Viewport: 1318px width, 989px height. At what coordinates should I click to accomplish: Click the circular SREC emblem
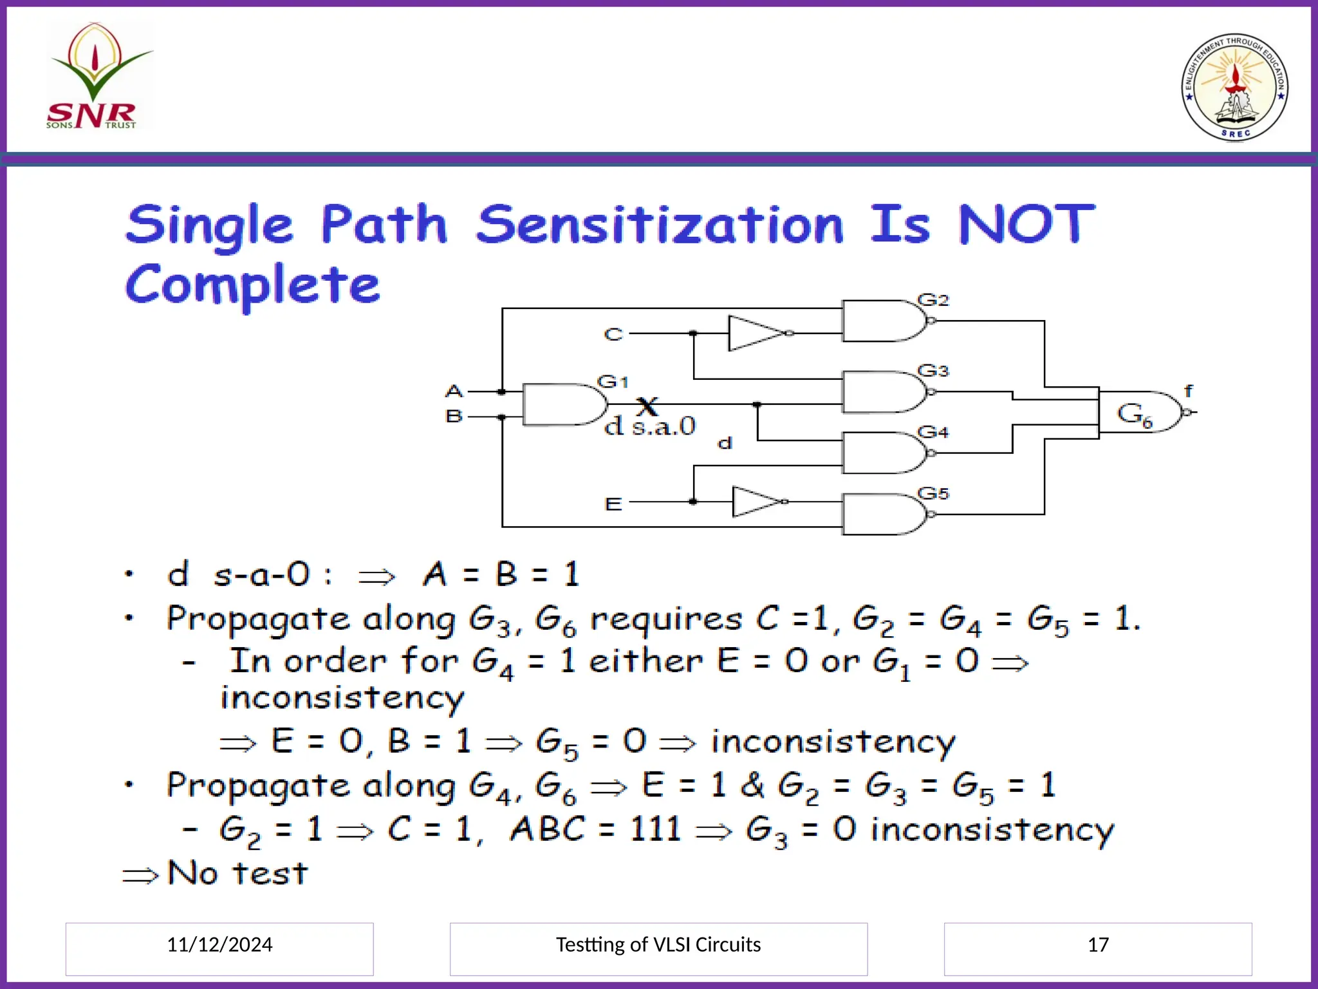(1234, 87)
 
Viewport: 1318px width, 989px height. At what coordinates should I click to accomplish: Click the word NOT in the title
(1026, 224)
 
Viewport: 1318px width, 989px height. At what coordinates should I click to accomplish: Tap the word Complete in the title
(252, 285)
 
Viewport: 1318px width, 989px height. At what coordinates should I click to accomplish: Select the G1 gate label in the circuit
(612, 382)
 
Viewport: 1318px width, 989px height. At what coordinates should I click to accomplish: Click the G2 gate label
(933, 300)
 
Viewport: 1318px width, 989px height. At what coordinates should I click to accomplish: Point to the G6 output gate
(1139, 412)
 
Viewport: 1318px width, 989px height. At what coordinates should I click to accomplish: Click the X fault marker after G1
(647, 406)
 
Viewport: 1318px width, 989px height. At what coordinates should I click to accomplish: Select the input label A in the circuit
(454, 391)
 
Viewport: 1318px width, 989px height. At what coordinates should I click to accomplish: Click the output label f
(1188, 390)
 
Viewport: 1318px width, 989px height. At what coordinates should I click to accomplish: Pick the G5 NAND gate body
(882, 514)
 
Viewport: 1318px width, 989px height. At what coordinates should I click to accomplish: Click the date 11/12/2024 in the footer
(219, 945)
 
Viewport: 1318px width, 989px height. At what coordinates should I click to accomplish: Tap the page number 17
(1098, 945)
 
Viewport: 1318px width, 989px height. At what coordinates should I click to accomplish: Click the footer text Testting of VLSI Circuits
(658, 945)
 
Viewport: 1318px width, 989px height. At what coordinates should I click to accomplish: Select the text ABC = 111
(595, 829)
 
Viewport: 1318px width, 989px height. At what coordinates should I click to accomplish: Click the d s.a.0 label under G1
(650, 426)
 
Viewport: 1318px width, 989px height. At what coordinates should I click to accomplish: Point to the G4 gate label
(933, 432)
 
